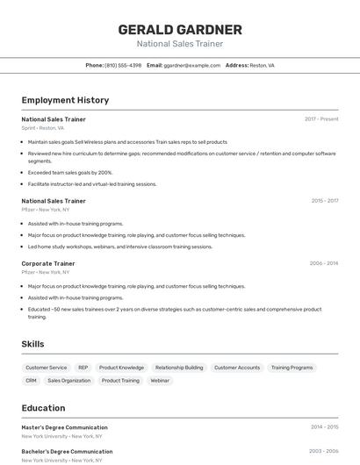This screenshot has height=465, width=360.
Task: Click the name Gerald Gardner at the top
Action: tap(180, 30)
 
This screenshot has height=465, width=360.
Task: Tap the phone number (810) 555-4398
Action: tap(123, 65)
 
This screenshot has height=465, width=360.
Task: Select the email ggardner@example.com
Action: tap(191, 65)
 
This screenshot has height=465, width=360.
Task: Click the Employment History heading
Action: tap(65, 101)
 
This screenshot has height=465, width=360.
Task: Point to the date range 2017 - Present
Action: tap(321, 118)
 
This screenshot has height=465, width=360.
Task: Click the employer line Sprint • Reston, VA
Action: tap(43, 127)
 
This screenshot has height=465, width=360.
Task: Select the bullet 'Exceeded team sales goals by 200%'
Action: tap(70, 173)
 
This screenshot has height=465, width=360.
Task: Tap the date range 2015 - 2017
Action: tap(325, 201)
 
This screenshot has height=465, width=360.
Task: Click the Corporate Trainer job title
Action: tap(48, 263)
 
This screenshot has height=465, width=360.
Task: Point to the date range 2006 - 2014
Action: tap(324, 263)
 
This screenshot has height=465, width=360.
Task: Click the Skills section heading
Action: tap(32, 344)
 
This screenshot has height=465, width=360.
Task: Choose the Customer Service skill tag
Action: tap(46, 368)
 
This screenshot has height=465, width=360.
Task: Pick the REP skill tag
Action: tap(83, 368)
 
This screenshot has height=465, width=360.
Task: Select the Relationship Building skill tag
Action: tap(179, 368)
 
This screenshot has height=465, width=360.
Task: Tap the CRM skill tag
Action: tap(31, 381)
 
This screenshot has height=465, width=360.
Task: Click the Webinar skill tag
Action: tap(160, 381)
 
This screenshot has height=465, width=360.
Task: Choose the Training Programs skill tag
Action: tap(292, 368)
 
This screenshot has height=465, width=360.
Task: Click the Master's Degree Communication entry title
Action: tap(64, 427)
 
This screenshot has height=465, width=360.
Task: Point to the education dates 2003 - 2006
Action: tap(324, 451)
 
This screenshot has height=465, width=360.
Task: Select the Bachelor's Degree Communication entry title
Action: tap(66, 451)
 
